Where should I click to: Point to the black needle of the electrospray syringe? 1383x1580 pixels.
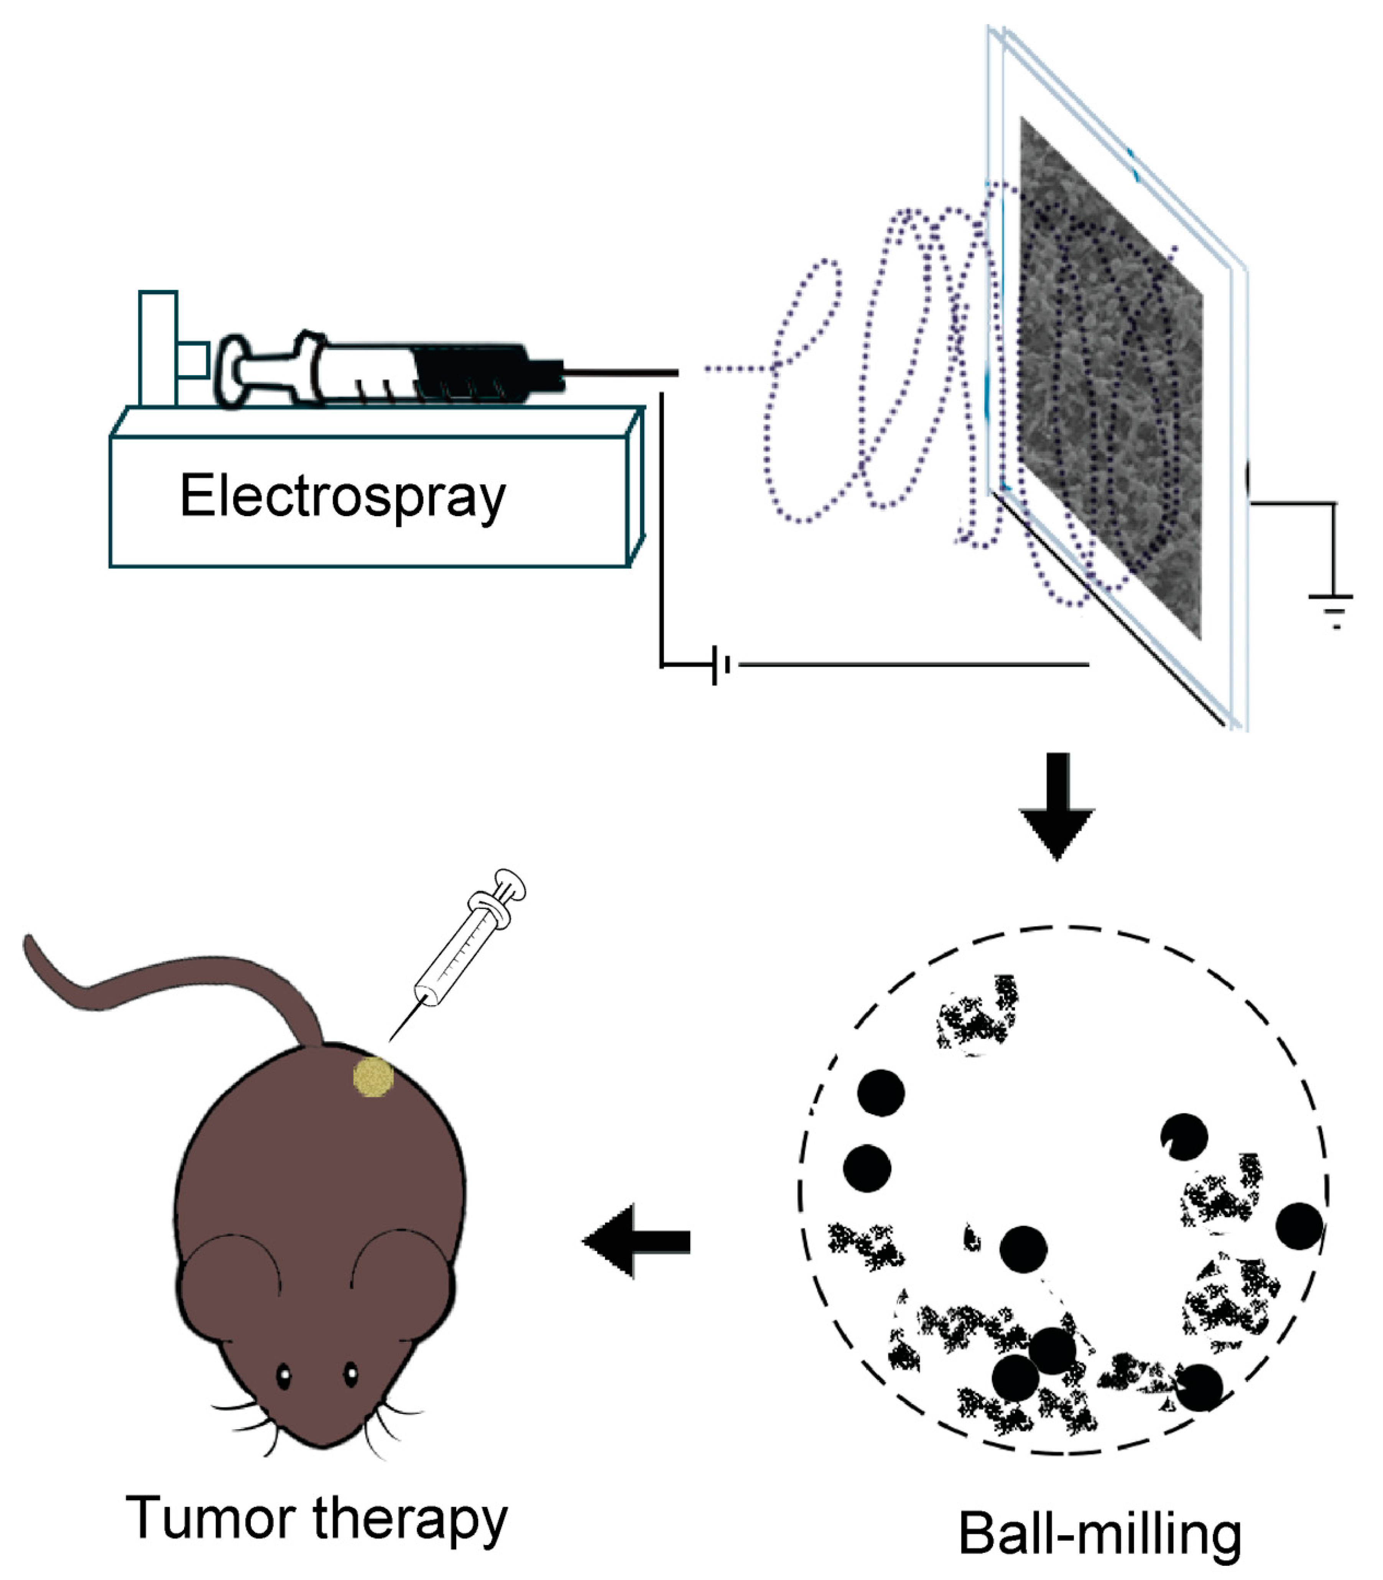click(621, 374)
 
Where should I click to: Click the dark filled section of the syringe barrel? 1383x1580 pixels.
click(471, 370)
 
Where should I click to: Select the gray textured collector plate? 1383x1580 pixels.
click(1111, 378)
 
